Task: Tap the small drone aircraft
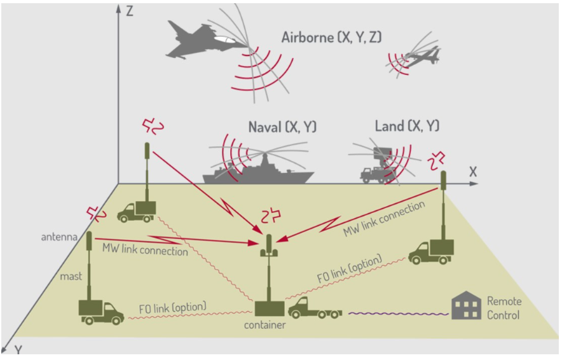(x=423, y=57)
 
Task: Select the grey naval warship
(x=258, y=172)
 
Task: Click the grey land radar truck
(x=376, y=169)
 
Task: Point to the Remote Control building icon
(x=466, y=305)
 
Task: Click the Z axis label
(x=130, y=11)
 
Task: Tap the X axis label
(x=473, y=172)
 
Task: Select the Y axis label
(x=18, y=349)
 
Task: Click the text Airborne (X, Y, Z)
(x=331, y=38)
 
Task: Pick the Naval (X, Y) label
(x=282, y=127)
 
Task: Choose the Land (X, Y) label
(x=407, y=126)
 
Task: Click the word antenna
(x=59, y=237)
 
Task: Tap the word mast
(x=71, y=277)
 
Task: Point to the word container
(x=265, y=325)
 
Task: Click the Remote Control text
(x=504, y=308)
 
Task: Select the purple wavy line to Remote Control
(x=398, y=314)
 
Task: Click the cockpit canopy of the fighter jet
(x=224, y=40)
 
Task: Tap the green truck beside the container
(x=315, y=308)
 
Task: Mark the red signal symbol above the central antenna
(x=271, y=216)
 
